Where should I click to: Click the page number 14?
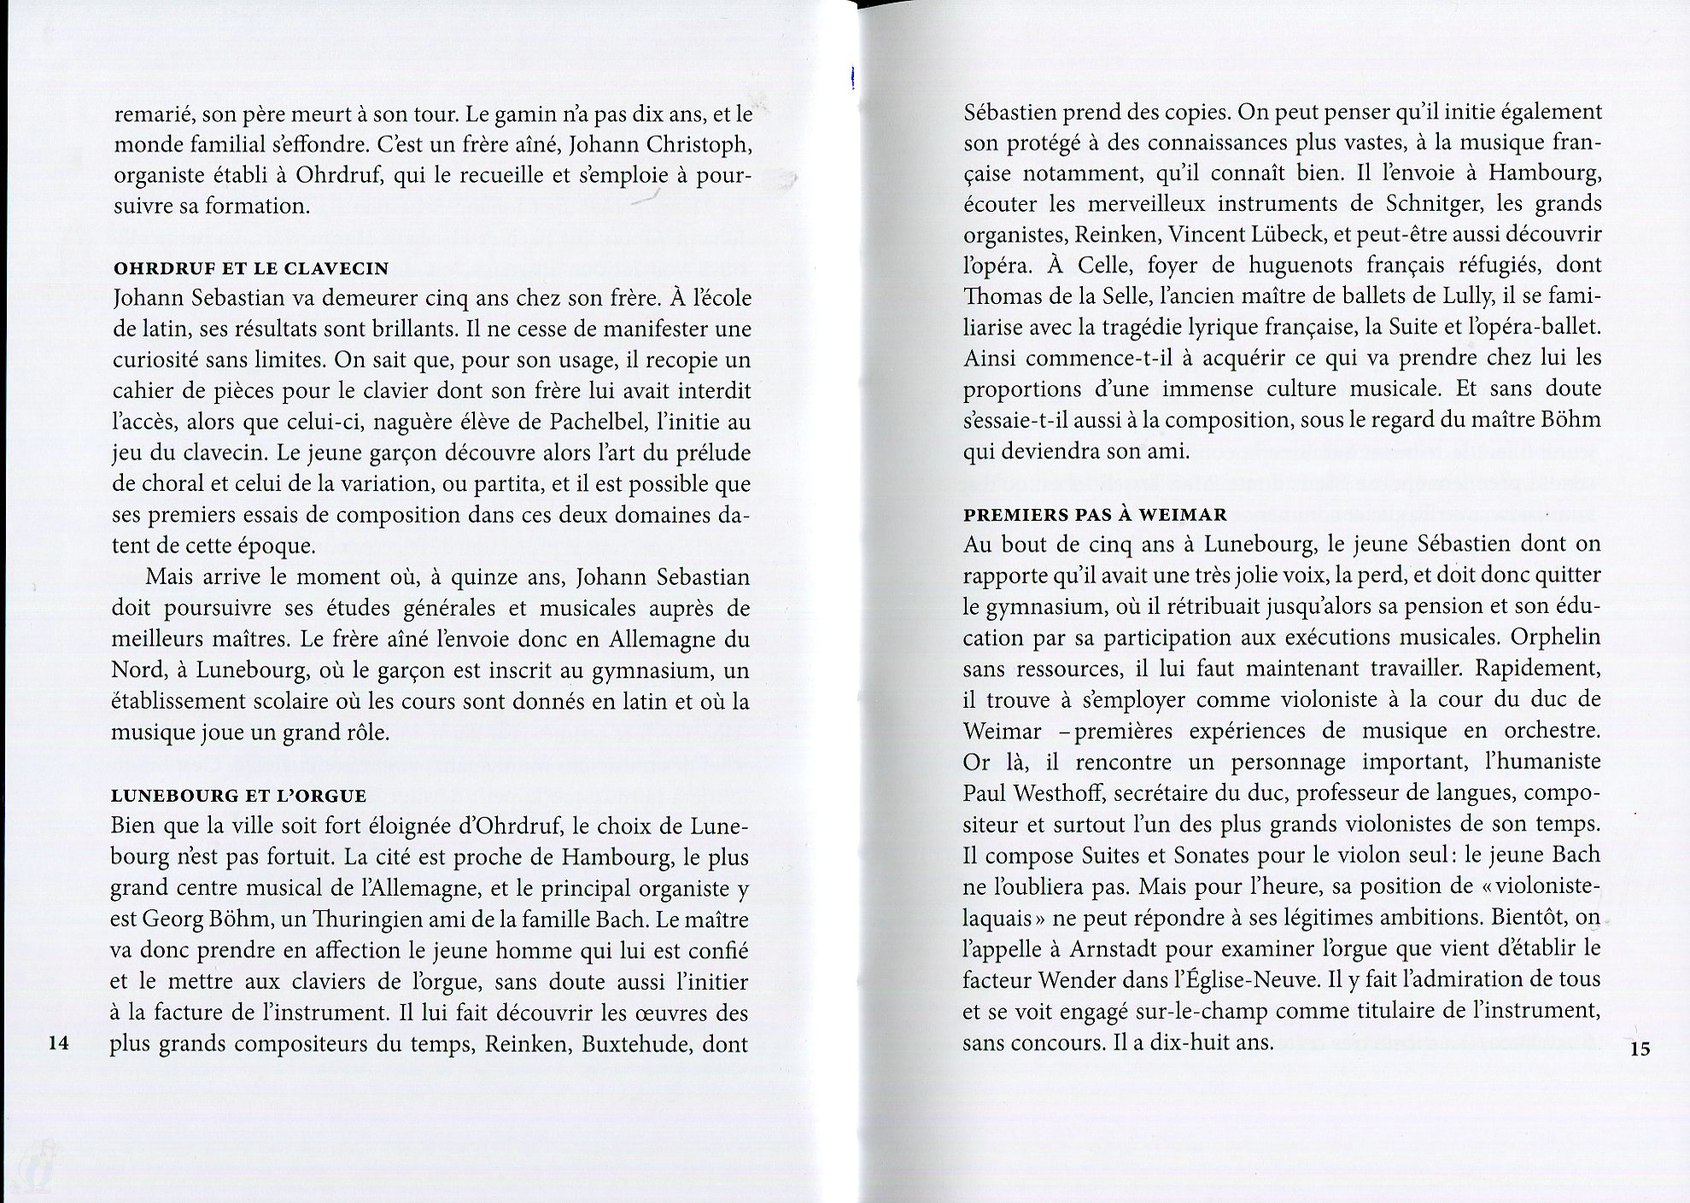[x=58, y=1042]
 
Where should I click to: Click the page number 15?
[x=1640, y=1049]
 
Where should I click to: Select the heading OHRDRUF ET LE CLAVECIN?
[x=251, y=268]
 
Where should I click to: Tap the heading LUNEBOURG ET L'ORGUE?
[x=239, y=796]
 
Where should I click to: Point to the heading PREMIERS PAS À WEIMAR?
[x=1096, y=515]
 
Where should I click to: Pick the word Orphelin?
[x=1555, y=638]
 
